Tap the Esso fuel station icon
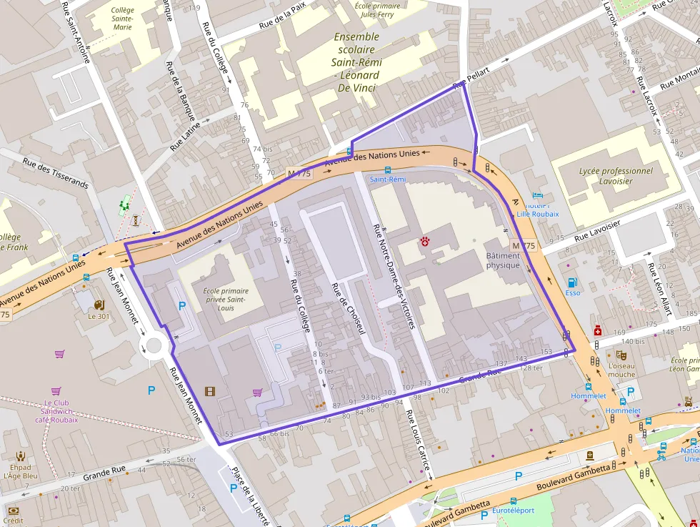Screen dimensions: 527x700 [572, 282]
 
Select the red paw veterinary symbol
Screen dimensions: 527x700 [427, 242]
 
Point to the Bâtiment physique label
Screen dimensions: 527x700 [504, 260]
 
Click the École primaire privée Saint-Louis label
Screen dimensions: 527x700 [226, 299]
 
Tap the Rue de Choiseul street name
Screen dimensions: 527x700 [348, 309]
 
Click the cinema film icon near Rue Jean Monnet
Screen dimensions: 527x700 [209, 390]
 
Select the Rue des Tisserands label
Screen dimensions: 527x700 [55, 173]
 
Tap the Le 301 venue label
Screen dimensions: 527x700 [99, 316]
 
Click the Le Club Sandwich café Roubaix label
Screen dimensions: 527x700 [56, 411]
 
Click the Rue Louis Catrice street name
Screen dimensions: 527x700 [418, 443]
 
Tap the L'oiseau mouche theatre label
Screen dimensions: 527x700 [621, 369]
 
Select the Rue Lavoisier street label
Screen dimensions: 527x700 [597, 230]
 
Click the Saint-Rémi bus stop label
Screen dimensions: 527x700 [387, 179]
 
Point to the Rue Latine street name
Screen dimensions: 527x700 [186, 136]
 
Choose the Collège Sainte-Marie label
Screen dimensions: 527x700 [122, 18]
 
